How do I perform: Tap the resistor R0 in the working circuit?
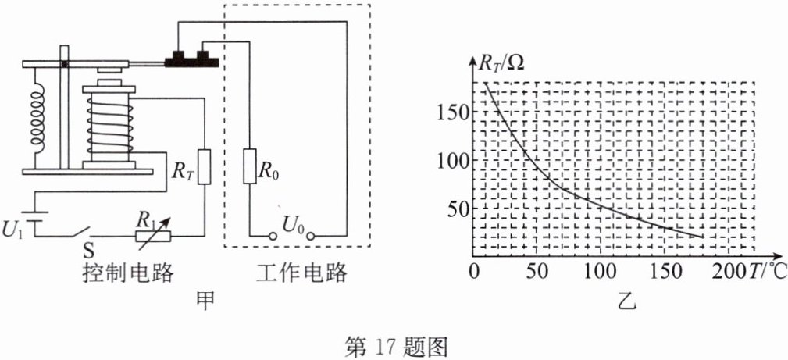251,166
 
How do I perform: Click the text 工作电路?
301,274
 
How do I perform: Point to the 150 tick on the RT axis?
453,112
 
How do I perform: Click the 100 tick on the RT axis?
453,160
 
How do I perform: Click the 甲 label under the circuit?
205,301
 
